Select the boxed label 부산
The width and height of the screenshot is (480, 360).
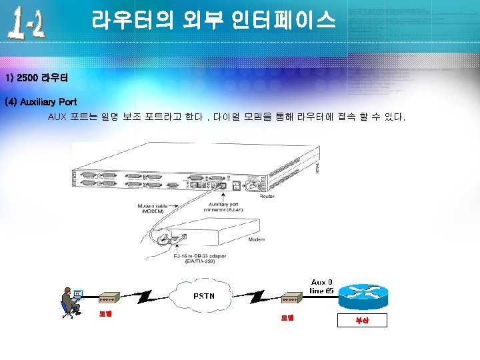point(361,321)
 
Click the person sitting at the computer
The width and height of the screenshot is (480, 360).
point(68,302)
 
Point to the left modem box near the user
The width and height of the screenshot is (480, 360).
point(109,297)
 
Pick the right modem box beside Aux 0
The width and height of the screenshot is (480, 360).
point(292,297)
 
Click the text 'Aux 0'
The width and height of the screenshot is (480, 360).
point(323,282)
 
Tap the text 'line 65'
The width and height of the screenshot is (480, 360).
point(323,291)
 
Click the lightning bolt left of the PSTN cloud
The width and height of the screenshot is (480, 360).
point(148,296)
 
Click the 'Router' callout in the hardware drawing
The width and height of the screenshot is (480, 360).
point(267,197)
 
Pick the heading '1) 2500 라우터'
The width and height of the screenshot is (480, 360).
point(35,78)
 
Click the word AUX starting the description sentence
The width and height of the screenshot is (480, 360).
point(57,117)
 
